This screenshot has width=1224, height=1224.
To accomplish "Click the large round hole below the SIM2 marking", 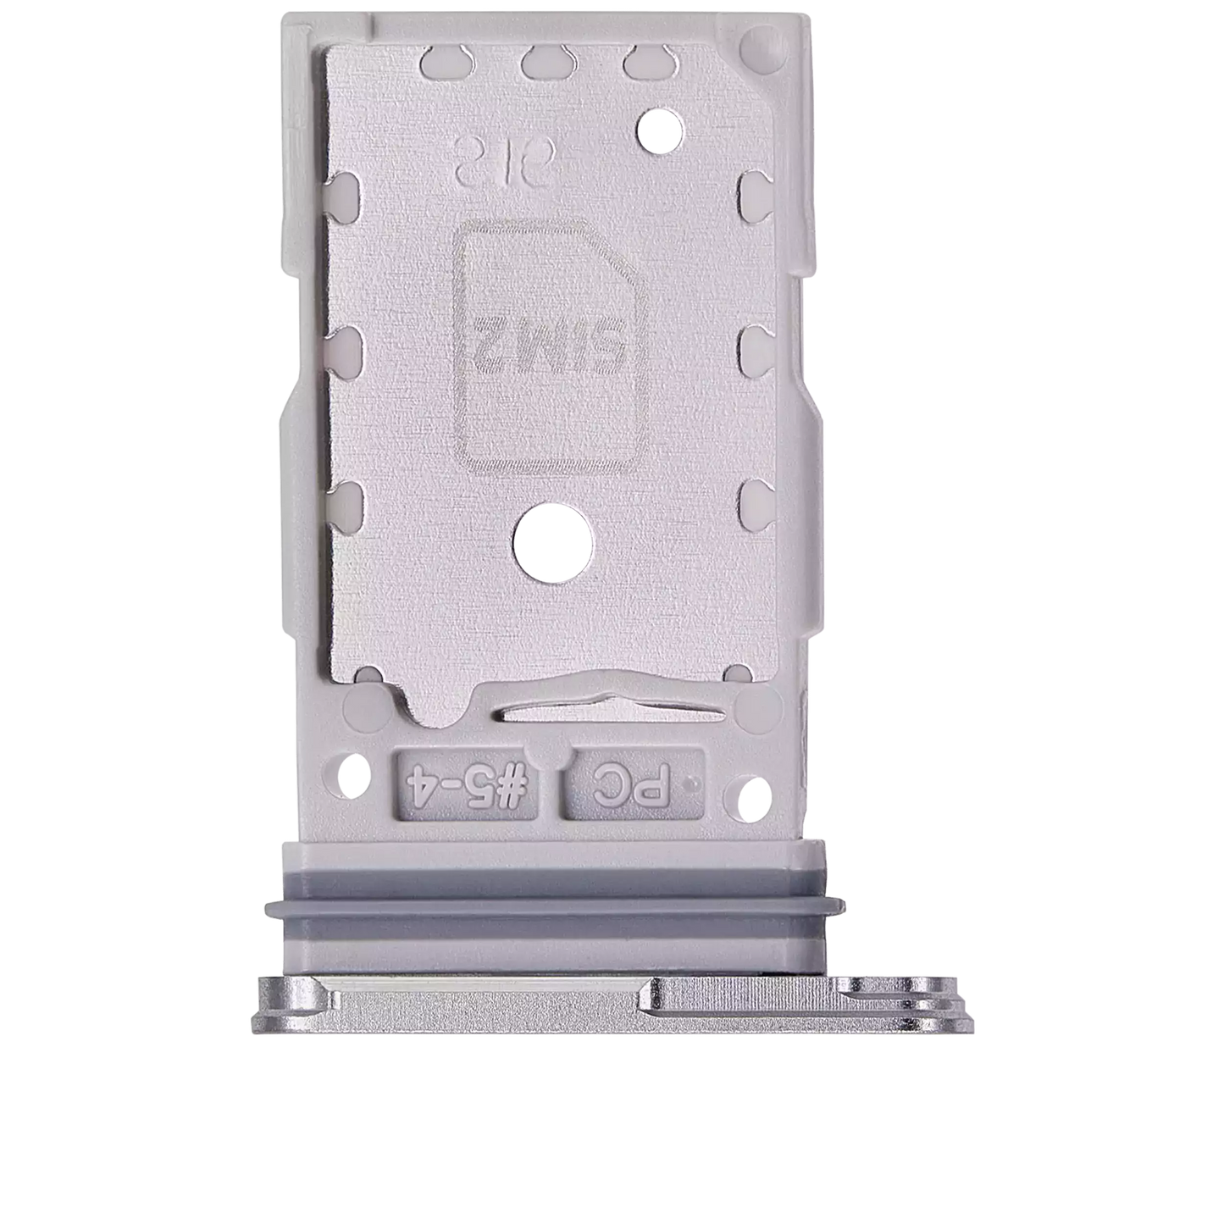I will tap(551, 544).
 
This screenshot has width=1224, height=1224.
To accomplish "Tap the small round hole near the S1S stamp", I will tap(661, 128).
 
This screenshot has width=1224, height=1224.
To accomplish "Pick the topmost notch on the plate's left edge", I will tap(346, 189).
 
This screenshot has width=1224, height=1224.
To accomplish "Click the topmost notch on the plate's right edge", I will tap(753, 189).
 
